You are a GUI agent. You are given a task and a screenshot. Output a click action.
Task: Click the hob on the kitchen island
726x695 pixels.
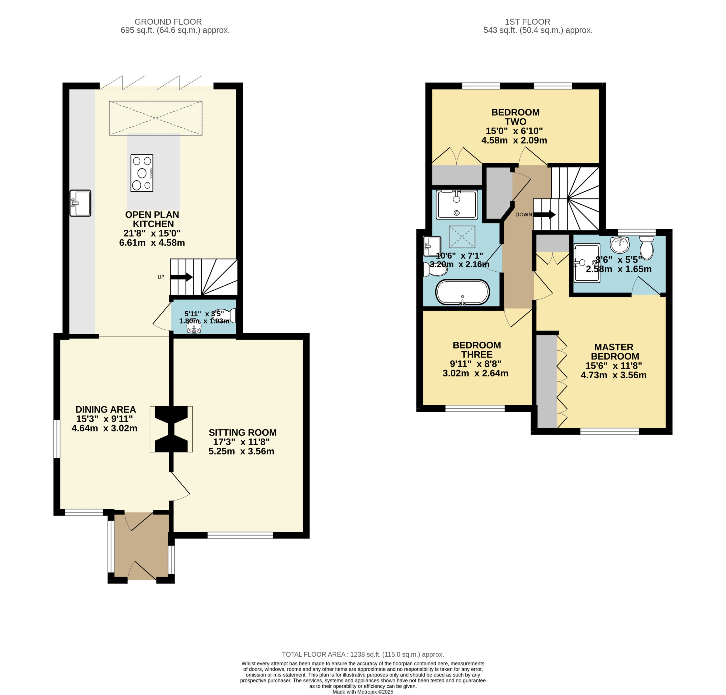(x=142, y=173)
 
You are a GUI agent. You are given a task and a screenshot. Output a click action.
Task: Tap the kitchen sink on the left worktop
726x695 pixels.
(x=80, y=203)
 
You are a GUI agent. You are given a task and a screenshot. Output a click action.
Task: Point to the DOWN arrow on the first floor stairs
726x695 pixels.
(x=544, y=214)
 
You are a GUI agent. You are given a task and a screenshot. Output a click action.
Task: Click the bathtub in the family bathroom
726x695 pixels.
(x=462, y=292)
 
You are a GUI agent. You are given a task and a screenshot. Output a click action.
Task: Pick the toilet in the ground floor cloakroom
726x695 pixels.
(x=225, y=315)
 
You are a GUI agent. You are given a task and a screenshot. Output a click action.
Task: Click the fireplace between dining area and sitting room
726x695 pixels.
(x=171, y=429)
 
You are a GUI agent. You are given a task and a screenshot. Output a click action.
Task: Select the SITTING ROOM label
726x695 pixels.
(x=243, y=432)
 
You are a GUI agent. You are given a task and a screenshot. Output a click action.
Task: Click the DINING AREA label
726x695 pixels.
(x=105, y=409)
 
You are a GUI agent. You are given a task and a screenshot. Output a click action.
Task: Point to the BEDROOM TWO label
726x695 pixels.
(x=515, y=117)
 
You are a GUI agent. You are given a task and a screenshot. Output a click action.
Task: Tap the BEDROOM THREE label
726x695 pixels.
(x=477, y=350)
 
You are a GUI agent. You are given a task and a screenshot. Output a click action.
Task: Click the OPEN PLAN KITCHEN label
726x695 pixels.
(x=152, y=219)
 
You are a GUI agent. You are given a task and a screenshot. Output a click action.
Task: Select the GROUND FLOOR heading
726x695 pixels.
(x=168, y=22)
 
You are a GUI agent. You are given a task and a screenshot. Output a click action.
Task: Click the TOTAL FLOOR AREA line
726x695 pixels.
(x=363, y=654)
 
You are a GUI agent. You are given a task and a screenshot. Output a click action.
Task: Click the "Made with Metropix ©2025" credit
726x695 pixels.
(x=363, y=692)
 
